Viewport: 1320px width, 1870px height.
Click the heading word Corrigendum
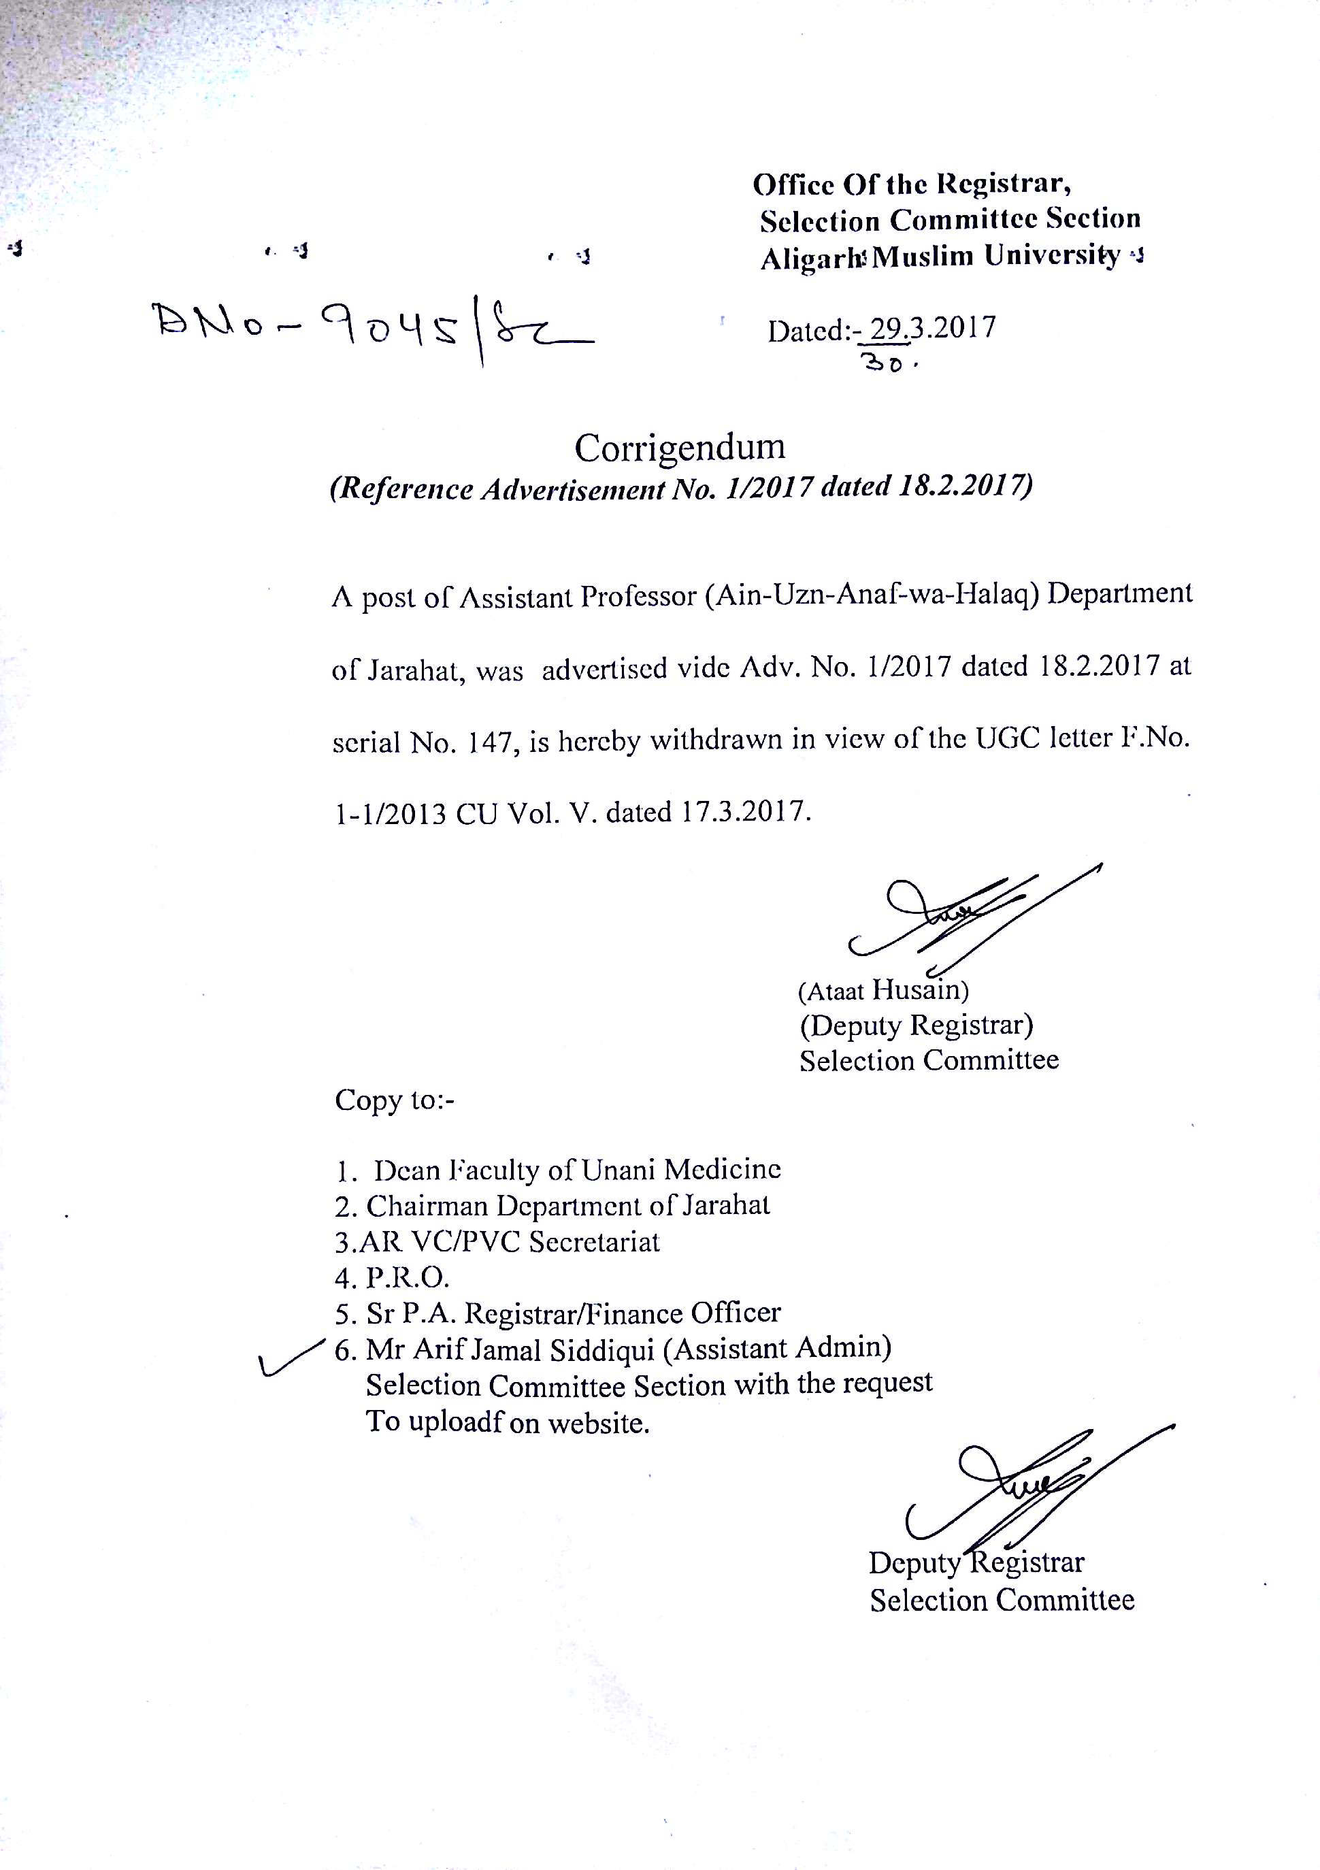click(680, 447)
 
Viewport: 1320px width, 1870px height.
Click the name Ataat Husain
click(884, 990)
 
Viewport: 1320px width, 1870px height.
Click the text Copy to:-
click(395, 1100)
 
